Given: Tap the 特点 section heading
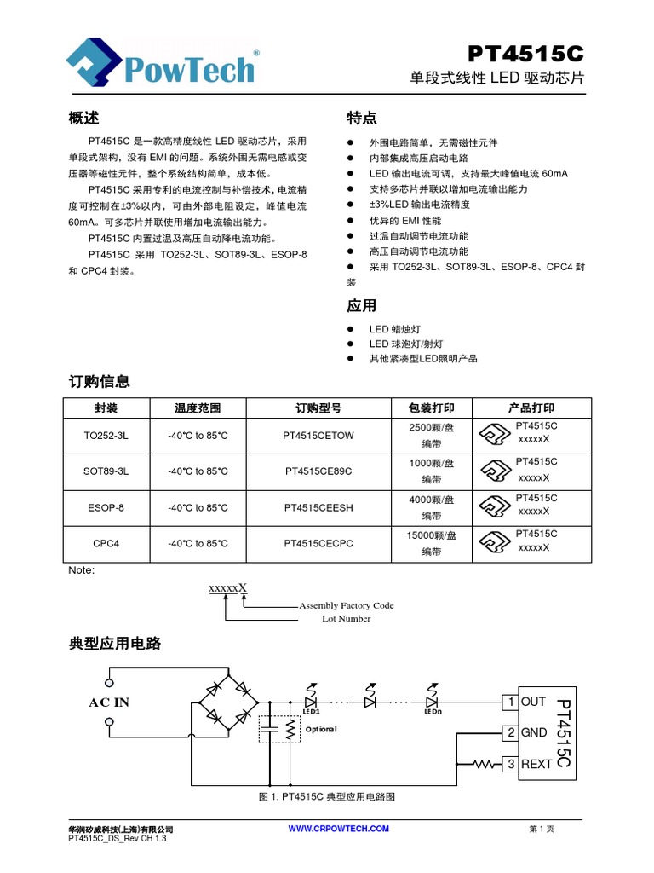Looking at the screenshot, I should coord(362,117).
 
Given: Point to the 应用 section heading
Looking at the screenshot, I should coord(362,305).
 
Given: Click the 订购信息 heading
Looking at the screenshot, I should coord(99,381).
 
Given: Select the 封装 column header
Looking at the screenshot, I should coord(106,408).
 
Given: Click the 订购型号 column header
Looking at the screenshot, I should coord(318,408).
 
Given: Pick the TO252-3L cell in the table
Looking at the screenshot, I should coord(106,436).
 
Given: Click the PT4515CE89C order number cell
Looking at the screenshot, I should coord(318,471).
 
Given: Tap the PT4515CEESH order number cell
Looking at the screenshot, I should coord(318,507).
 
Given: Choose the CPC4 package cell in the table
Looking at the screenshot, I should coord(106,543).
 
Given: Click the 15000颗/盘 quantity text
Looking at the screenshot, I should coord(432,535).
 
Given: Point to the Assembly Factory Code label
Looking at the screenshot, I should coord(347,605).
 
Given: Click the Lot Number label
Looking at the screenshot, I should coord(347,619).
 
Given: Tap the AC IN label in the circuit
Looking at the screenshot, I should coord(110,702).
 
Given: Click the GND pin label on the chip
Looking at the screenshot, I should coord(534,732).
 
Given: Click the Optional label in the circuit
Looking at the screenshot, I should coord(322,730).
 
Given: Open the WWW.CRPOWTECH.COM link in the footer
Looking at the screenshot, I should coord(339,829).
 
